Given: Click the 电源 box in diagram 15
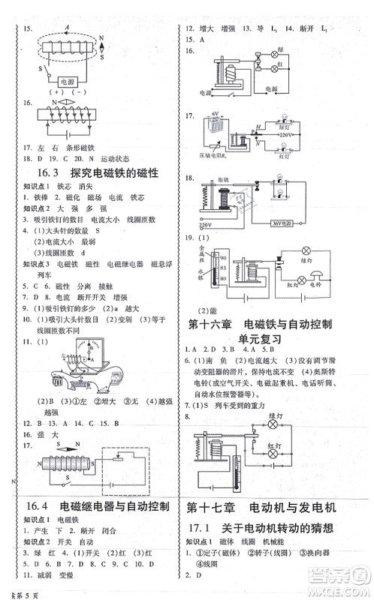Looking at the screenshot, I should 68,81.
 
